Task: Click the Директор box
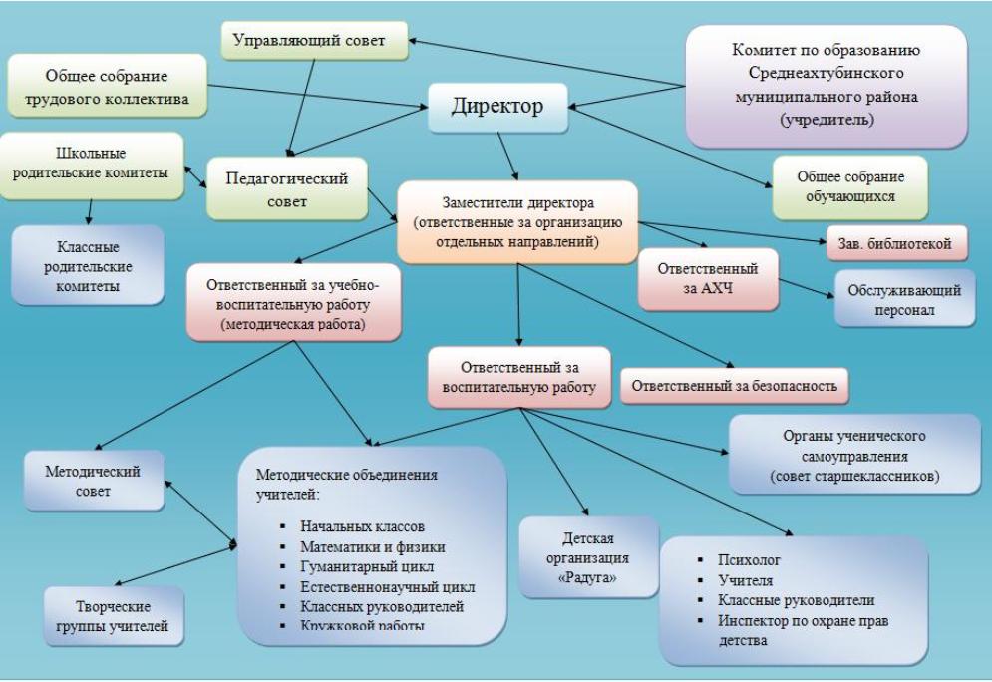[497, 107]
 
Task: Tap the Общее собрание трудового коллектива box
[106, 87]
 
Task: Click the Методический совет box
[96, 481]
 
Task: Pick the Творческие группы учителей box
[115, 616]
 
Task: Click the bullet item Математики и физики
[373, 547]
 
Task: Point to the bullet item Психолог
[743, 561]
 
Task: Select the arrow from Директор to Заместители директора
[506, 155]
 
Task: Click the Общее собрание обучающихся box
[849, 185]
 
